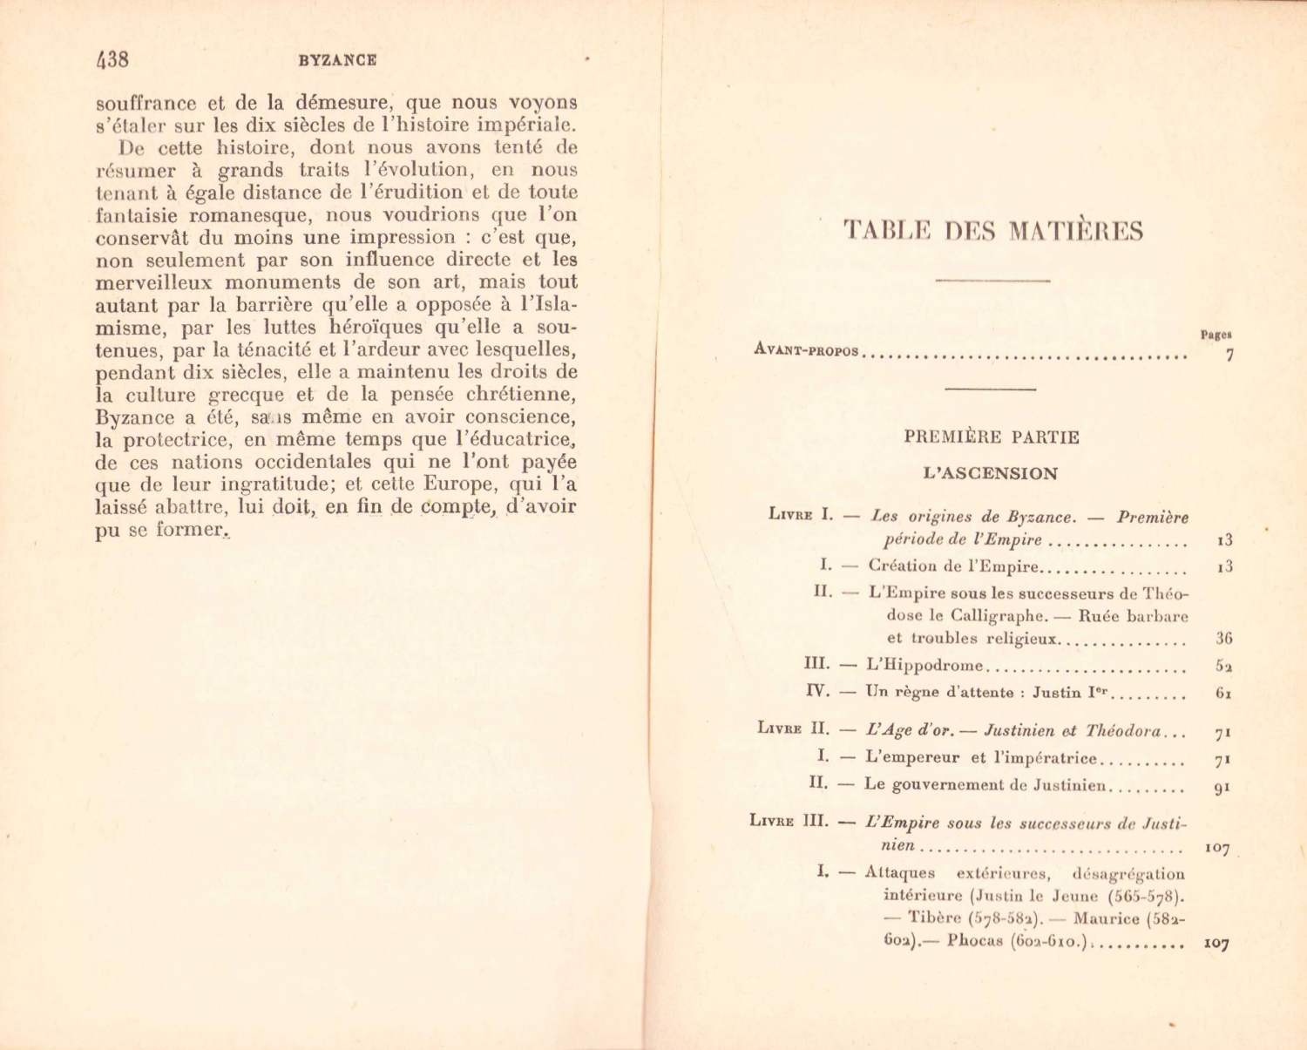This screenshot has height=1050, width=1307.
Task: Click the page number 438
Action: point(112,59)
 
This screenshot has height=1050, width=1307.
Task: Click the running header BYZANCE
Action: point(337,60)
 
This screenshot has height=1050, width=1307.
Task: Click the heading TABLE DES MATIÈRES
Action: point(993,231)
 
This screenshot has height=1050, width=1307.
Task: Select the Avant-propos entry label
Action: point(806,351)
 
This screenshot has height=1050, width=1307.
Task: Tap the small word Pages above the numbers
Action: point(1216,334)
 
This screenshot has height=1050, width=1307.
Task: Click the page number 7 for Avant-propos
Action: point(1229,355)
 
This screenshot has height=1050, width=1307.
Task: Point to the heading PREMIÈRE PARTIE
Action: point(992,437)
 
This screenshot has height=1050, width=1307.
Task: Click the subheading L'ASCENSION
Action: point(991,474)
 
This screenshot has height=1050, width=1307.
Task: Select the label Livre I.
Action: point(801,514)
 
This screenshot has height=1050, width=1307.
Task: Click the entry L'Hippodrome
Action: point(924,666)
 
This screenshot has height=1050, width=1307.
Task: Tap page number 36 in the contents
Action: point(1224,639)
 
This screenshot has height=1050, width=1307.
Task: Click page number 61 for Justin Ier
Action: point(1224,694)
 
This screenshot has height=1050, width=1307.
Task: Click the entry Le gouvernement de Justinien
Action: point(985,784)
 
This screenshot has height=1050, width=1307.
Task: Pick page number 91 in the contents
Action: point(1222,788)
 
